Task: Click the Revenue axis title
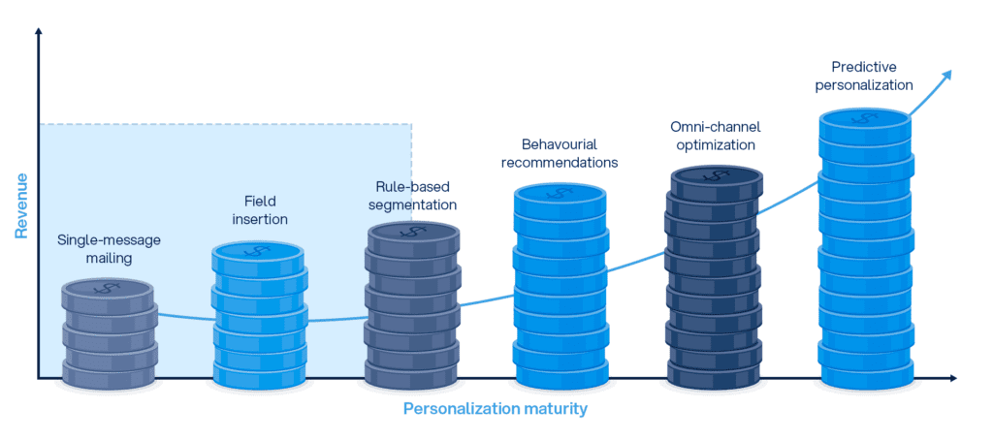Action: tap(20, 205)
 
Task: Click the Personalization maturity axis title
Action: tap(495, 409)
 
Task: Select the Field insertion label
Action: tap(259, 210)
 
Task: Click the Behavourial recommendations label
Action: tap(560, 153)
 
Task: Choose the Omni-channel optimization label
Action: tap(714, 137)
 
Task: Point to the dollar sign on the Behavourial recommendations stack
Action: tap(561, 193)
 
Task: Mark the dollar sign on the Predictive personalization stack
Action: tap(865, 118)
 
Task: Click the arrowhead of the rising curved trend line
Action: tap(948, 75)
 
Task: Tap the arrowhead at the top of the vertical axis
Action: tap(38, 32)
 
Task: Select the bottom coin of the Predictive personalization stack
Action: tap(865, 369)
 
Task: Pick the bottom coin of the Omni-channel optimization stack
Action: tap(714, 370)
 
